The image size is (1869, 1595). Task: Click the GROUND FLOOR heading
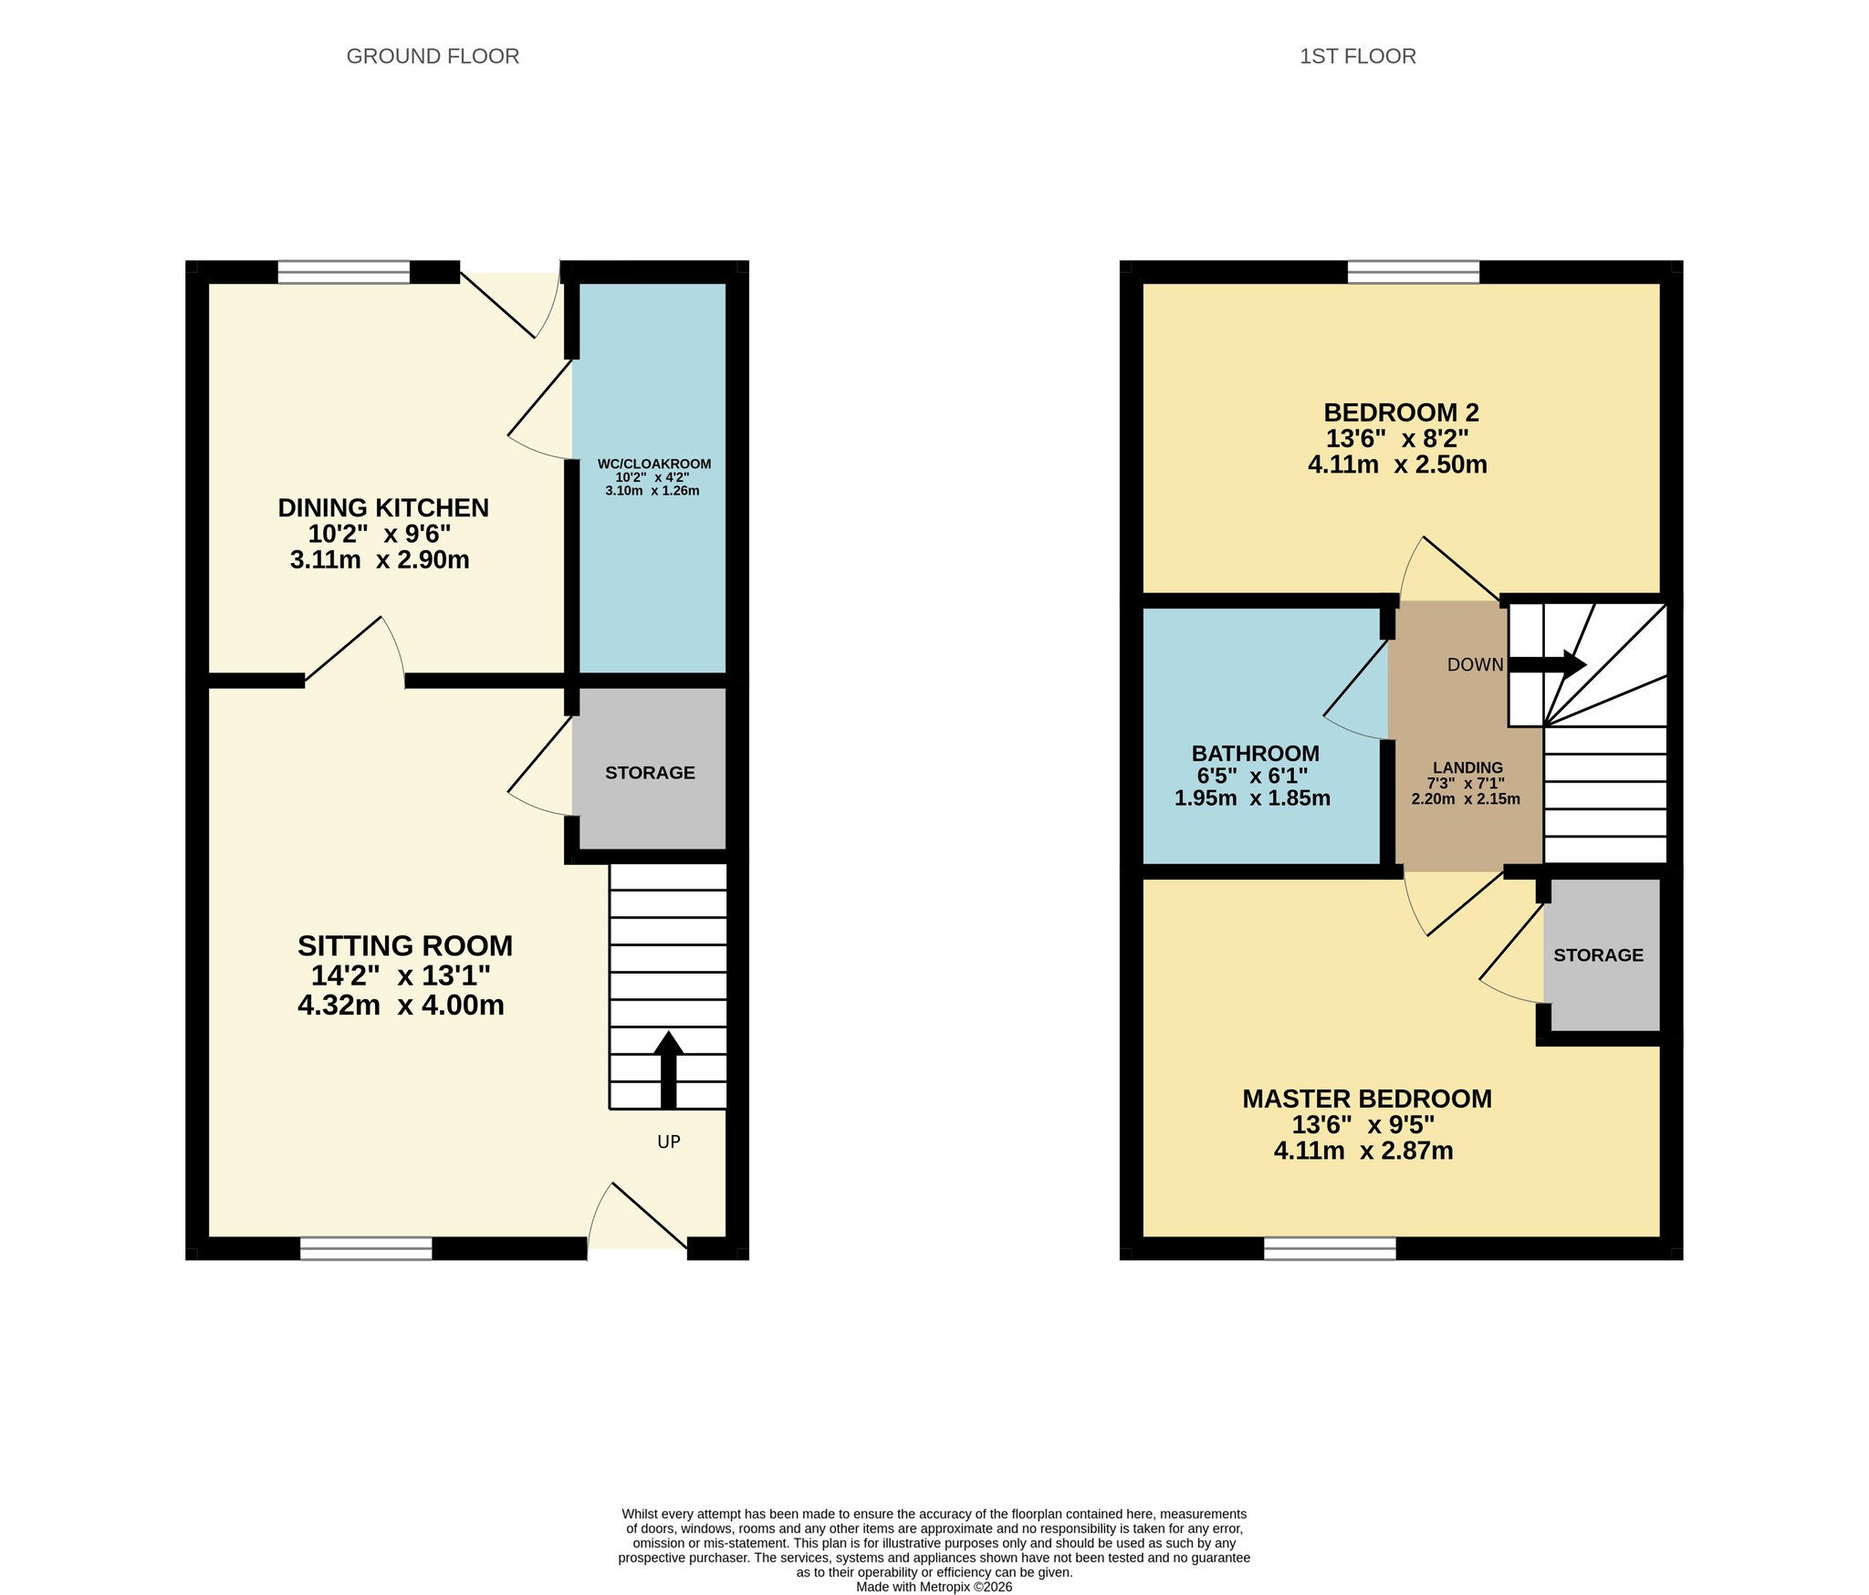tap(433, 57)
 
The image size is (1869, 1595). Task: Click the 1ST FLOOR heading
tap(1357, 57)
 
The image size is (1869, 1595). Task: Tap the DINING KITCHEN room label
tap(383, 507)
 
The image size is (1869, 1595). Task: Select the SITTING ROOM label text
tap(405, 945)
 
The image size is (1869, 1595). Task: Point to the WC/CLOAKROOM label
tap(654, 464)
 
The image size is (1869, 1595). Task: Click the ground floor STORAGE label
tap(650, 773)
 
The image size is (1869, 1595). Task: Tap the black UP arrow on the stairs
tap(668, 1069)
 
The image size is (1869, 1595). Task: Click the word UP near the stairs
tap(669, 1142)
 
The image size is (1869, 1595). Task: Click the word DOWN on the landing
tap(1475, 664)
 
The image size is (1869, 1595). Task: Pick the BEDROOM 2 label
tap(1401, 412)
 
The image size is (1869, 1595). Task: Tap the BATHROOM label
tap(1255, 753)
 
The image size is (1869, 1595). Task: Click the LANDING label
tap(1467, 767)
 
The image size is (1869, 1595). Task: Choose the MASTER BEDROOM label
tap(1367, 1099)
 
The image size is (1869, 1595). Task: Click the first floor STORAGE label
tap(1598, 955)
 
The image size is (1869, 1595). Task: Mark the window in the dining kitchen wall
tap(344, 272)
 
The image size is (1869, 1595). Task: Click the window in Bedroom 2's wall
tap(1414, 272)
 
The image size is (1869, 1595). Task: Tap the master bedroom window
tap(1330, 1249)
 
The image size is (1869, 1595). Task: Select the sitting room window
tap(366, 1249)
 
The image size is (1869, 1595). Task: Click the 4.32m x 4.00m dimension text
tap(401, 1005)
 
